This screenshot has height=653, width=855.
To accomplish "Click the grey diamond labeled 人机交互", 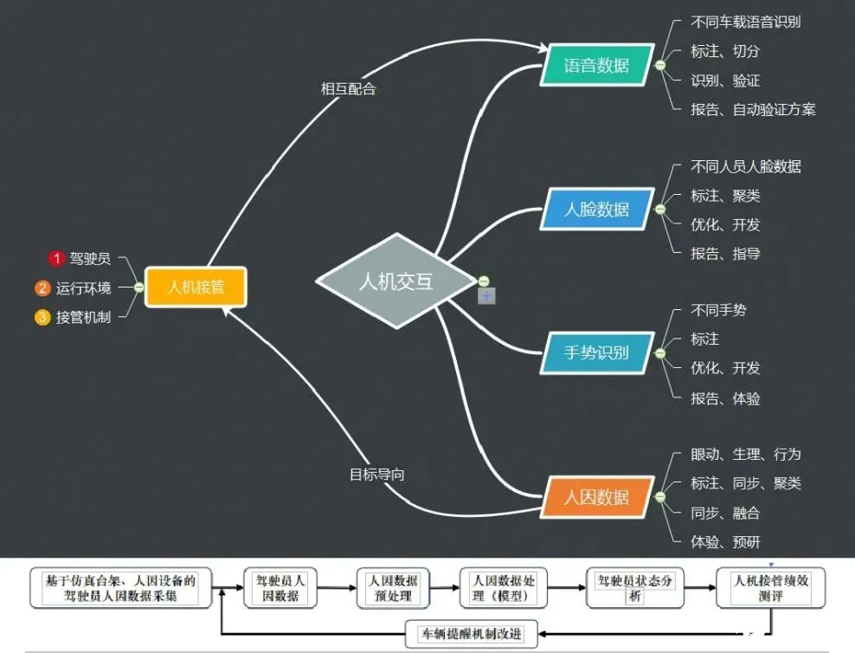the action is [x=396, y=281].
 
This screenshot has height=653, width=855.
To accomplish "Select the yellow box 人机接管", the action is [x=196, y=287].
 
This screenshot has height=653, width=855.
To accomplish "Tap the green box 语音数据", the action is [x=597, y=66].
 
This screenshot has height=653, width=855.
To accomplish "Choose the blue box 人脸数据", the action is [x=597, y=210].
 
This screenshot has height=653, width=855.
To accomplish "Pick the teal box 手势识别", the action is [x=597, y=353].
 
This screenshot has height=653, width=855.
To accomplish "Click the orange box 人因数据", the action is [x=597, y=497].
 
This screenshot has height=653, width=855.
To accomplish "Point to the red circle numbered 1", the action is [x=56, y=258].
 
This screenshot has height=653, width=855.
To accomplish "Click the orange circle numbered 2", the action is [x=42, y=288].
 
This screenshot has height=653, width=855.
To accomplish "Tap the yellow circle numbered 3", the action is [x=42, y=317].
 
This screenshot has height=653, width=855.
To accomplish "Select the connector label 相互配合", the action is [x=349, y=89].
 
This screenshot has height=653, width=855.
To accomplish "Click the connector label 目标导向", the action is [x=376, y=474].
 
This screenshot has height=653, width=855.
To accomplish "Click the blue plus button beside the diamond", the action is [x=487, y=296].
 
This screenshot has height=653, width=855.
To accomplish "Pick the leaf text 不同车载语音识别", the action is [x=745, y=23].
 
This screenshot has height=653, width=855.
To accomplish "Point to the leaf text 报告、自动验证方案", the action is [x=753, y=110].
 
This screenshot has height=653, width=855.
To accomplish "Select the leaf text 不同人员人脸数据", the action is [x=745, y=166].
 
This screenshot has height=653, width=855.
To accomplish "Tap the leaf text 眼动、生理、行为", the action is [x=745, y=455].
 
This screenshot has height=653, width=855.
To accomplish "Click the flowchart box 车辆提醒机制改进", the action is [x=472, y=634].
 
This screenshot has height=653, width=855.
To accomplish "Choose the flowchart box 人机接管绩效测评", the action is [x=770, y=588].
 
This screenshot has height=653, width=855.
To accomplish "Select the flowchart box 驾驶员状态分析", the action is [x=634, y=588].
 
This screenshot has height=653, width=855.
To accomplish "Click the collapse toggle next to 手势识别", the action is [x=659, y=353].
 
